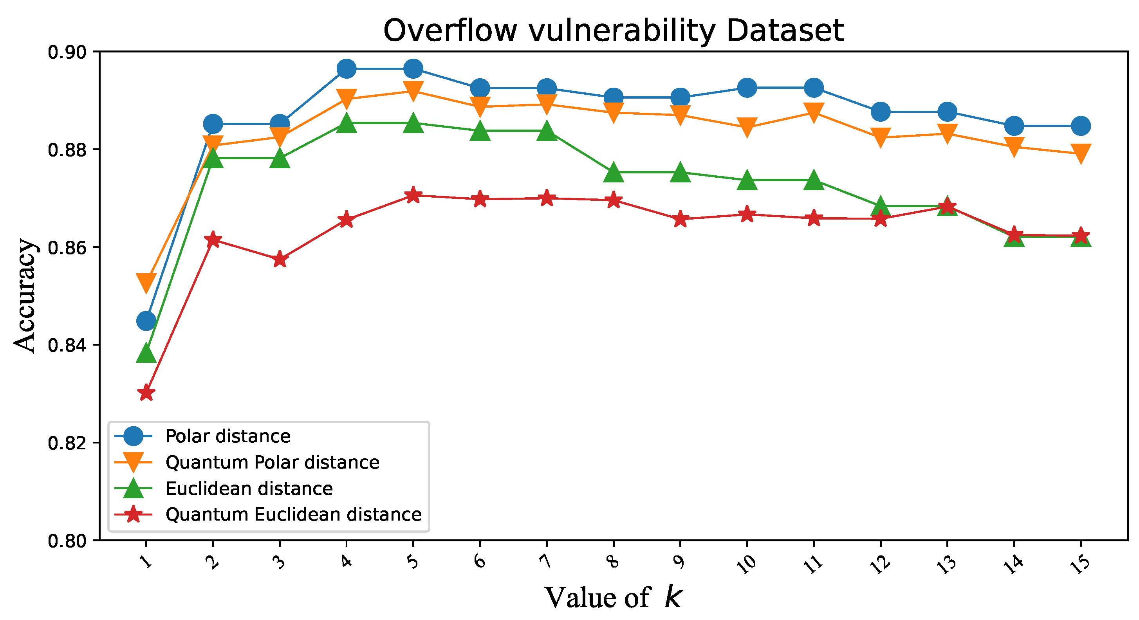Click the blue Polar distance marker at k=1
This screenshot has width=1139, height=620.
pyautogui.click(x=146, y=321)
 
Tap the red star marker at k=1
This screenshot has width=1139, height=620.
pyautogui.click(x=146, y=393)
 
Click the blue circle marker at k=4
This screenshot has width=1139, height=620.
pyautogui.click(x=346, y=68)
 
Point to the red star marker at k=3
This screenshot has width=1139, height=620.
pyautogui.click(x=280, y=260)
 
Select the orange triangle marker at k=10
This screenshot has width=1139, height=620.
pyautogui.click(x=747, y=127)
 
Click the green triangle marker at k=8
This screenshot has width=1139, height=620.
pyautogui.click(x=613, y=172)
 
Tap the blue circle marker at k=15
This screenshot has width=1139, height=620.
pyautogui.click(x=1081, y=126)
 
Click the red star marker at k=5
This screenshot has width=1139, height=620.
pyautogui.click(x=413, y=195)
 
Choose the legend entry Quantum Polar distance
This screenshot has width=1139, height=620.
pyautogui.click(x=272, y=462)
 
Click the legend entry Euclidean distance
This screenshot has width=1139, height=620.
pyautogui.click(x=249, y=488)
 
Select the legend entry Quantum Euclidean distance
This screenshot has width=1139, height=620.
pyautogui.click(x=293, y=514)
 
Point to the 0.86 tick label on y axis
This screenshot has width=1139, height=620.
pyautogui.click(x=66, y=247)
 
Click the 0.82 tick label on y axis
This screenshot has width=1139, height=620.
pyautogui.click(x=66, y=443)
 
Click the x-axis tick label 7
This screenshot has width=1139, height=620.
pyautogui.click(x=547, y=561)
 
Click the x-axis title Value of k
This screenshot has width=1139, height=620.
pyautogui.click(x=613, y=597)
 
